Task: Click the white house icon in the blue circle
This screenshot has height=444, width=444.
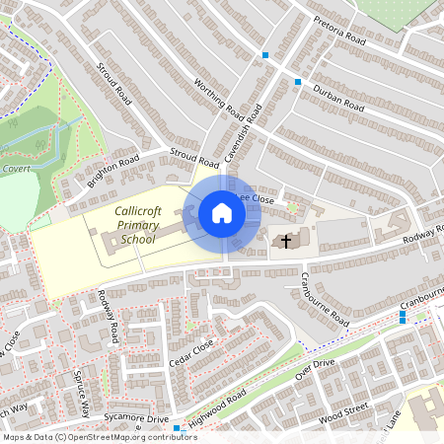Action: (x=222, y=213)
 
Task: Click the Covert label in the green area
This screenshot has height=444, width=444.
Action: (x=16, y=169)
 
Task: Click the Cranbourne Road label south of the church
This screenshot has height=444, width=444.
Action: (x=325, y=300)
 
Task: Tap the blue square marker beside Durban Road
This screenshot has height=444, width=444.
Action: (x=298, y=82)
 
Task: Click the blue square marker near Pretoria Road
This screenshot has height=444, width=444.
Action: (x=264, y=55)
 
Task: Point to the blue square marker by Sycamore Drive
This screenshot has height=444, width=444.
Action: (x=177, y=429)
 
